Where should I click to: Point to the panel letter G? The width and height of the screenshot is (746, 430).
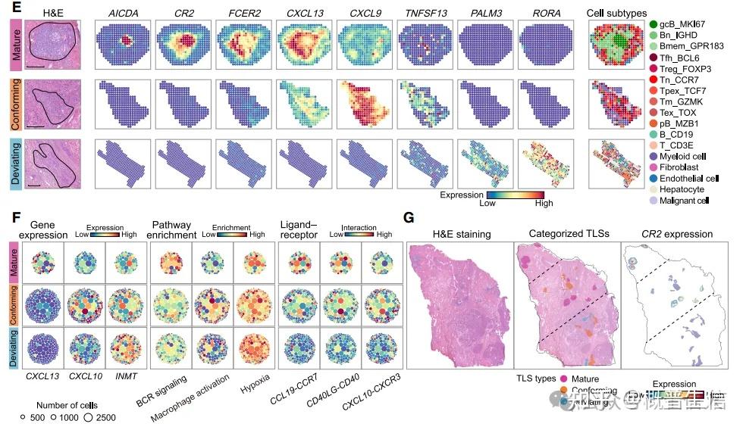pos(409,219)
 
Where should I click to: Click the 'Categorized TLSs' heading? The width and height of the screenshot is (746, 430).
pos(566,234)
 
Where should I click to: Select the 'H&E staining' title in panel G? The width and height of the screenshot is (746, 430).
pos(461,234)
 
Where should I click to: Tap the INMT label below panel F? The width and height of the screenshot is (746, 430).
pos(125,375)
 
